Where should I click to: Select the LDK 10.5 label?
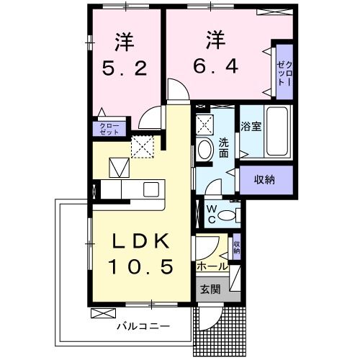point(140,254)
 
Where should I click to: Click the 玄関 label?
point(210,290)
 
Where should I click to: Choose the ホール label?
point(212,266)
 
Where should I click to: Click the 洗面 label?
point(224,147)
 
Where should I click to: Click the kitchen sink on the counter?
point(151,189)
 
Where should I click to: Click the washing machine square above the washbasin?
point(205,122)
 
